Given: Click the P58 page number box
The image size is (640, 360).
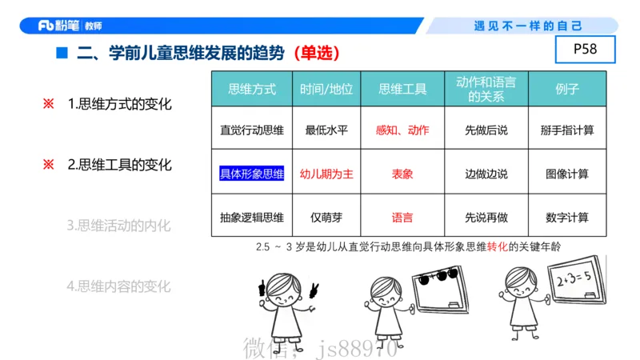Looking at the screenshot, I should [x=585, y=50].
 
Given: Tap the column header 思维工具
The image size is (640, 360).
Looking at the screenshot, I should [x=402, y=89].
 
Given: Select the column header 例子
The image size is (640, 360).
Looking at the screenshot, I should [x=566, y=89].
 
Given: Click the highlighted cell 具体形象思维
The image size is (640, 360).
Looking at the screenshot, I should [x=252, y=173].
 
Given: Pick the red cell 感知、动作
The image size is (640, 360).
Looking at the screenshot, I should [x=402, y=130].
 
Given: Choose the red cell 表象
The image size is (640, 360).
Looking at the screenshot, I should [x=402, y=173].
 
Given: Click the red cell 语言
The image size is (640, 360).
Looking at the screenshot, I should [x=402, y=217].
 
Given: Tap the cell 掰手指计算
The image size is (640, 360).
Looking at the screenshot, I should [x=566, y=130].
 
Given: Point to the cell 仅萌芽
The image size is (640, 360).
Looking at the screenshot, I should [x=326, y=217].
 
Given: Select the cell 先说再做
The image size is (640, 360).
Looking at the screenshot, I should [x=486, y=217].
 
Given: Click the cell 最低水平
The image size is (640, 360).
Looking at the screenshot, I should [x=326, y=130].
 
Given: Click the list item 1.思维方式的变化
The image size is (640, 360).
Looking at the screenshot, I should [x=119, y=104].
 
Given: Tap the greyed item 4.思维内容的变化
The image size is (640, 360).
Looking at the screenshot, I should [x=119, y=286].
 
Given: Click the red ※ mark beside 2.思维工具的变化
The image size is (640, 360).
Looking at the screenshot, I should [x=48, y=165].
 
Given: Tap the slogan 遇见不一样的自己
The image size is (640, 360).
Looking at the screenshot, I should [x=528, y=26].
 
